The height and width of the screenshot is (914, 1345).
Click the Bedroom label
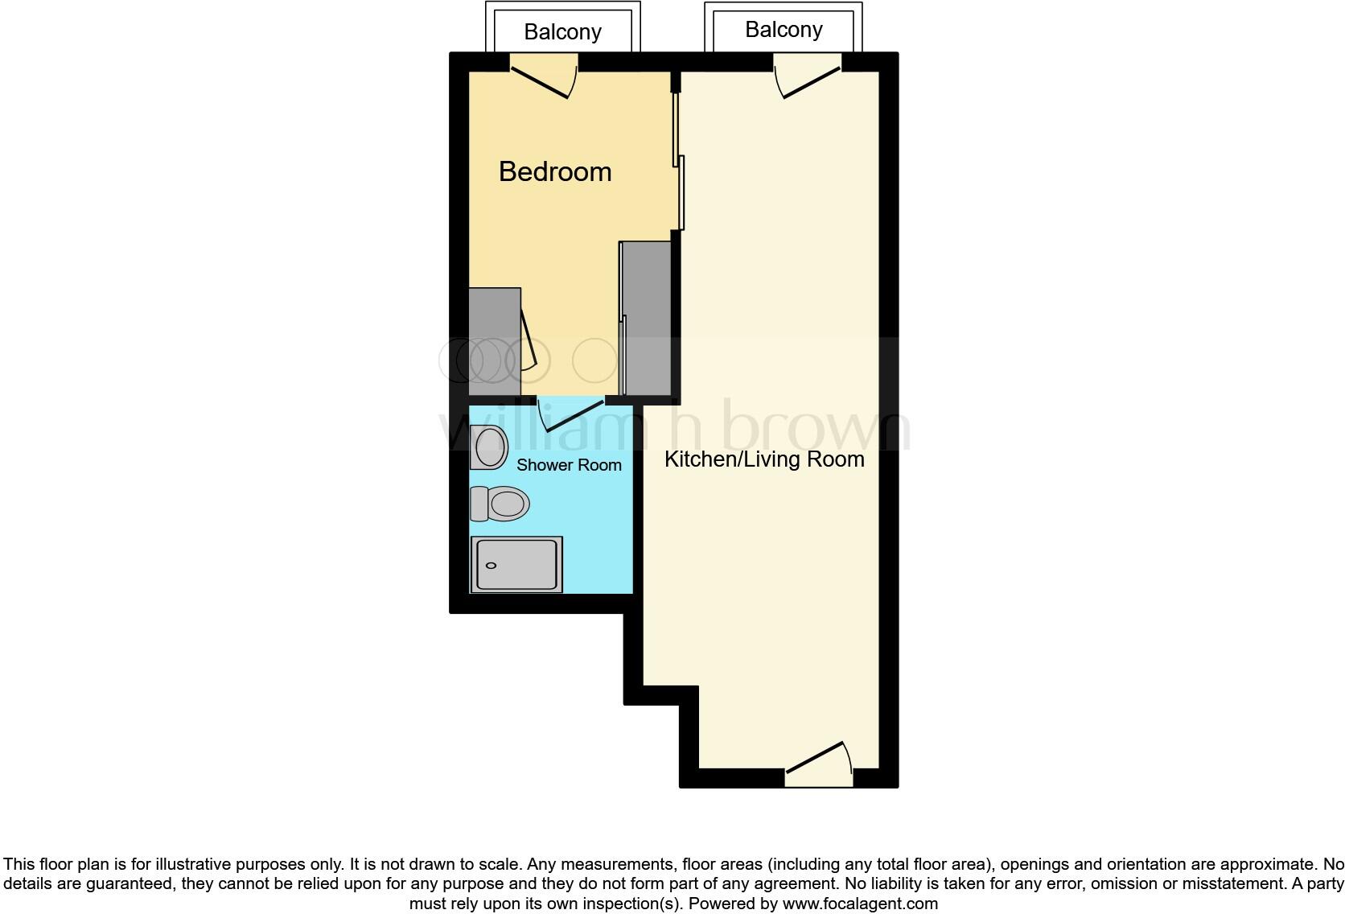tap(555, 171)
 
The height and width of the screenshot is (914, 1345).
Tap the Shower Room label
tap(569, 465)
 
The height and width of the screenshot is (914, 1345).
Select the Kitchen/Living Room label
tap(764, 459)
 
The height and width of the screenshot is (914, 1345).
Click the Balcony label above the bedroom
tap(562, 32)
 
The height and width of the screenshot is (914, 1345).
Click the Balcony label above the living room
tap(784, 30)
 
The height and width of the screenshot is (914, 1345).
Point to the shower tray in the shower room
tap(516, 564)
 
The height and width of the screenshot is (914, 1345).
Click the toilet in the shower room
tap(500, 504)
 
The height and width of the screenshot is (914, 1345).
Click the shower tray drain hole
tap(491, 566)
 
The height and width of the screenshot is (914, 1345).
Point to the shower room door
tap(573, 414)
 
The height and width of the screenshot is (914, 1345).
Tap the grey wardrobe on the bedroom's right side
tap(648, 318)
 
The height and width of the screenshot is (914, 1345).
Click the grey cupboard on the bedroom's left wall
tap(494, 341)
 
